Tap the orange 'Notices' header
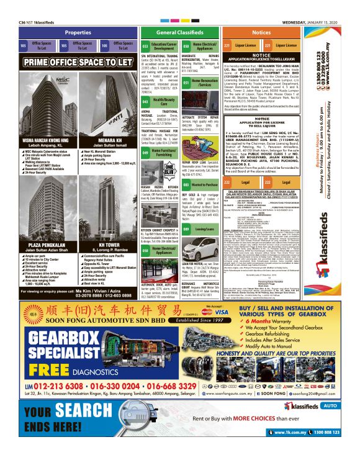(261, 32)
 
